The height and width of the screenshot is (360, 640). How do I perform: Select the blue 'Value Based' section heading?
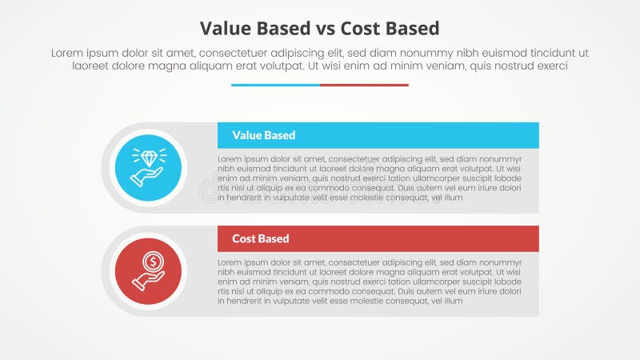click(x=263, y=135)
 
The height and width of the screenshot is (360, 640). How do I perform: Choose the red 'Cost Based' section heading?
click(x=261, y=238)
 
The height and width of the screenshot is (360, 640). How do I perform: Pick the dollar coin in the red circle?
click(x=150, y=261)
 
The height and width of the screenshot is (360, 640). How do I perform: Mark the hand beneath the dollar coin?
click(x=150, y=278)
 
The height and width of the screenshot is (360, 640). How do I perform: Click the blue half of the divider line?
click(x=275, y=85)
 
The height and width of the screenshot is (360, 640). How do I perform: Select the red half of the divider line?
click(x=364, y=85)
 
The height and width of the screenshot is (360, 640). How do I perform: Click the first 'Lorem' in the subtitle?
click(x=67, y=53)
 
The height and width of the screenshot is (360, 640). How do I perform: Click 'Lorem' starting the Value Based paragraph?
click(x=230, y=159)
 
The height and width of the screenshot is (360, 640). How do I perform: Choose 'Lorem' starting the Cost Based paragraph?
click(x=230, y=262)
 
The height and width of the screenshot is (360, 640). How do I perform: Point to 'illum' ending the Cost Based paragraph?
click(x=453, y=301)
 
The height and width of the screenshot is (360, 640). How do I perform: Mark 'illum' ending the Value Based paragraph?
click(x=453, y=198)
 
